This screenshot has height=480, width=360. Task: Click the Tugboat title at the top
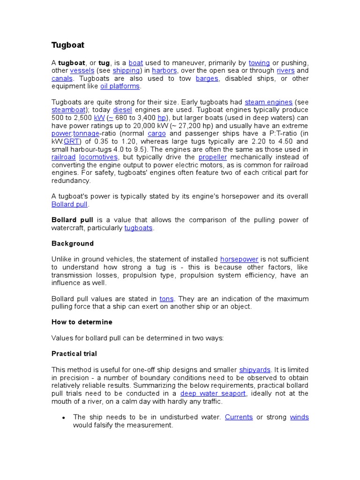[x=67, y=45]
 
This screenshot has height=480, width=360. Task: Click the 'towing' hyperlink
[x=259, y=63]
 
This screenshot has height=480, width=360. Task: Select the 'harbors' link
[x=164, y=71]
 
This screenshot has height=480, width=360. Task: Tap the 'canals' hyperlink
[x=62, y=79]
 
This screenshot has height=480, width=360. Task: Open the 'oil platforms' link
[x=120, y=86]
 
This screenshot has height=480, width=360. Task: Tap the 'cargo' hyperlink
[x=157, y=134]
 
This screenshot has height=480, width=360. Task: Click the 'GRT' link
[x=72, y=142]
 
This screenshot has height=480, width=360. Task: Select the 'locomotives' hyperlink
[x=98, y=157]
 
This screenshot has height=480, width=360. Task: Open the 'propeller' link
[x=212, y=157]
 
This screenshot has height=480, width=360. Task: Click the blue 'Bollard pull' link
[x=69, y=204]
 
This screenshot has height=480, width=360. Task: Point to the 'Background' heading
[x=72, y=243]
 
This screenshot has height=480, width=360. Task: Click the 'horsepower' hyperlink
[x=239, y=259]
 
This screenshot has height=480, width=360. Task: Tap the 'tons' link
[x=166, y=299]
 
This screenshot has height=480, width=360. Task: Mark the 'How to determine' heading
[x=82, y=322]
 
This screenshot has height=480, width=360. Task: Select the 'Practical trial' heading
[x=74, y=353]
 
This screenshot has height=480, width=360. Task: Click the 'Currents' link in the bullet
[x=239, y=417]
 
